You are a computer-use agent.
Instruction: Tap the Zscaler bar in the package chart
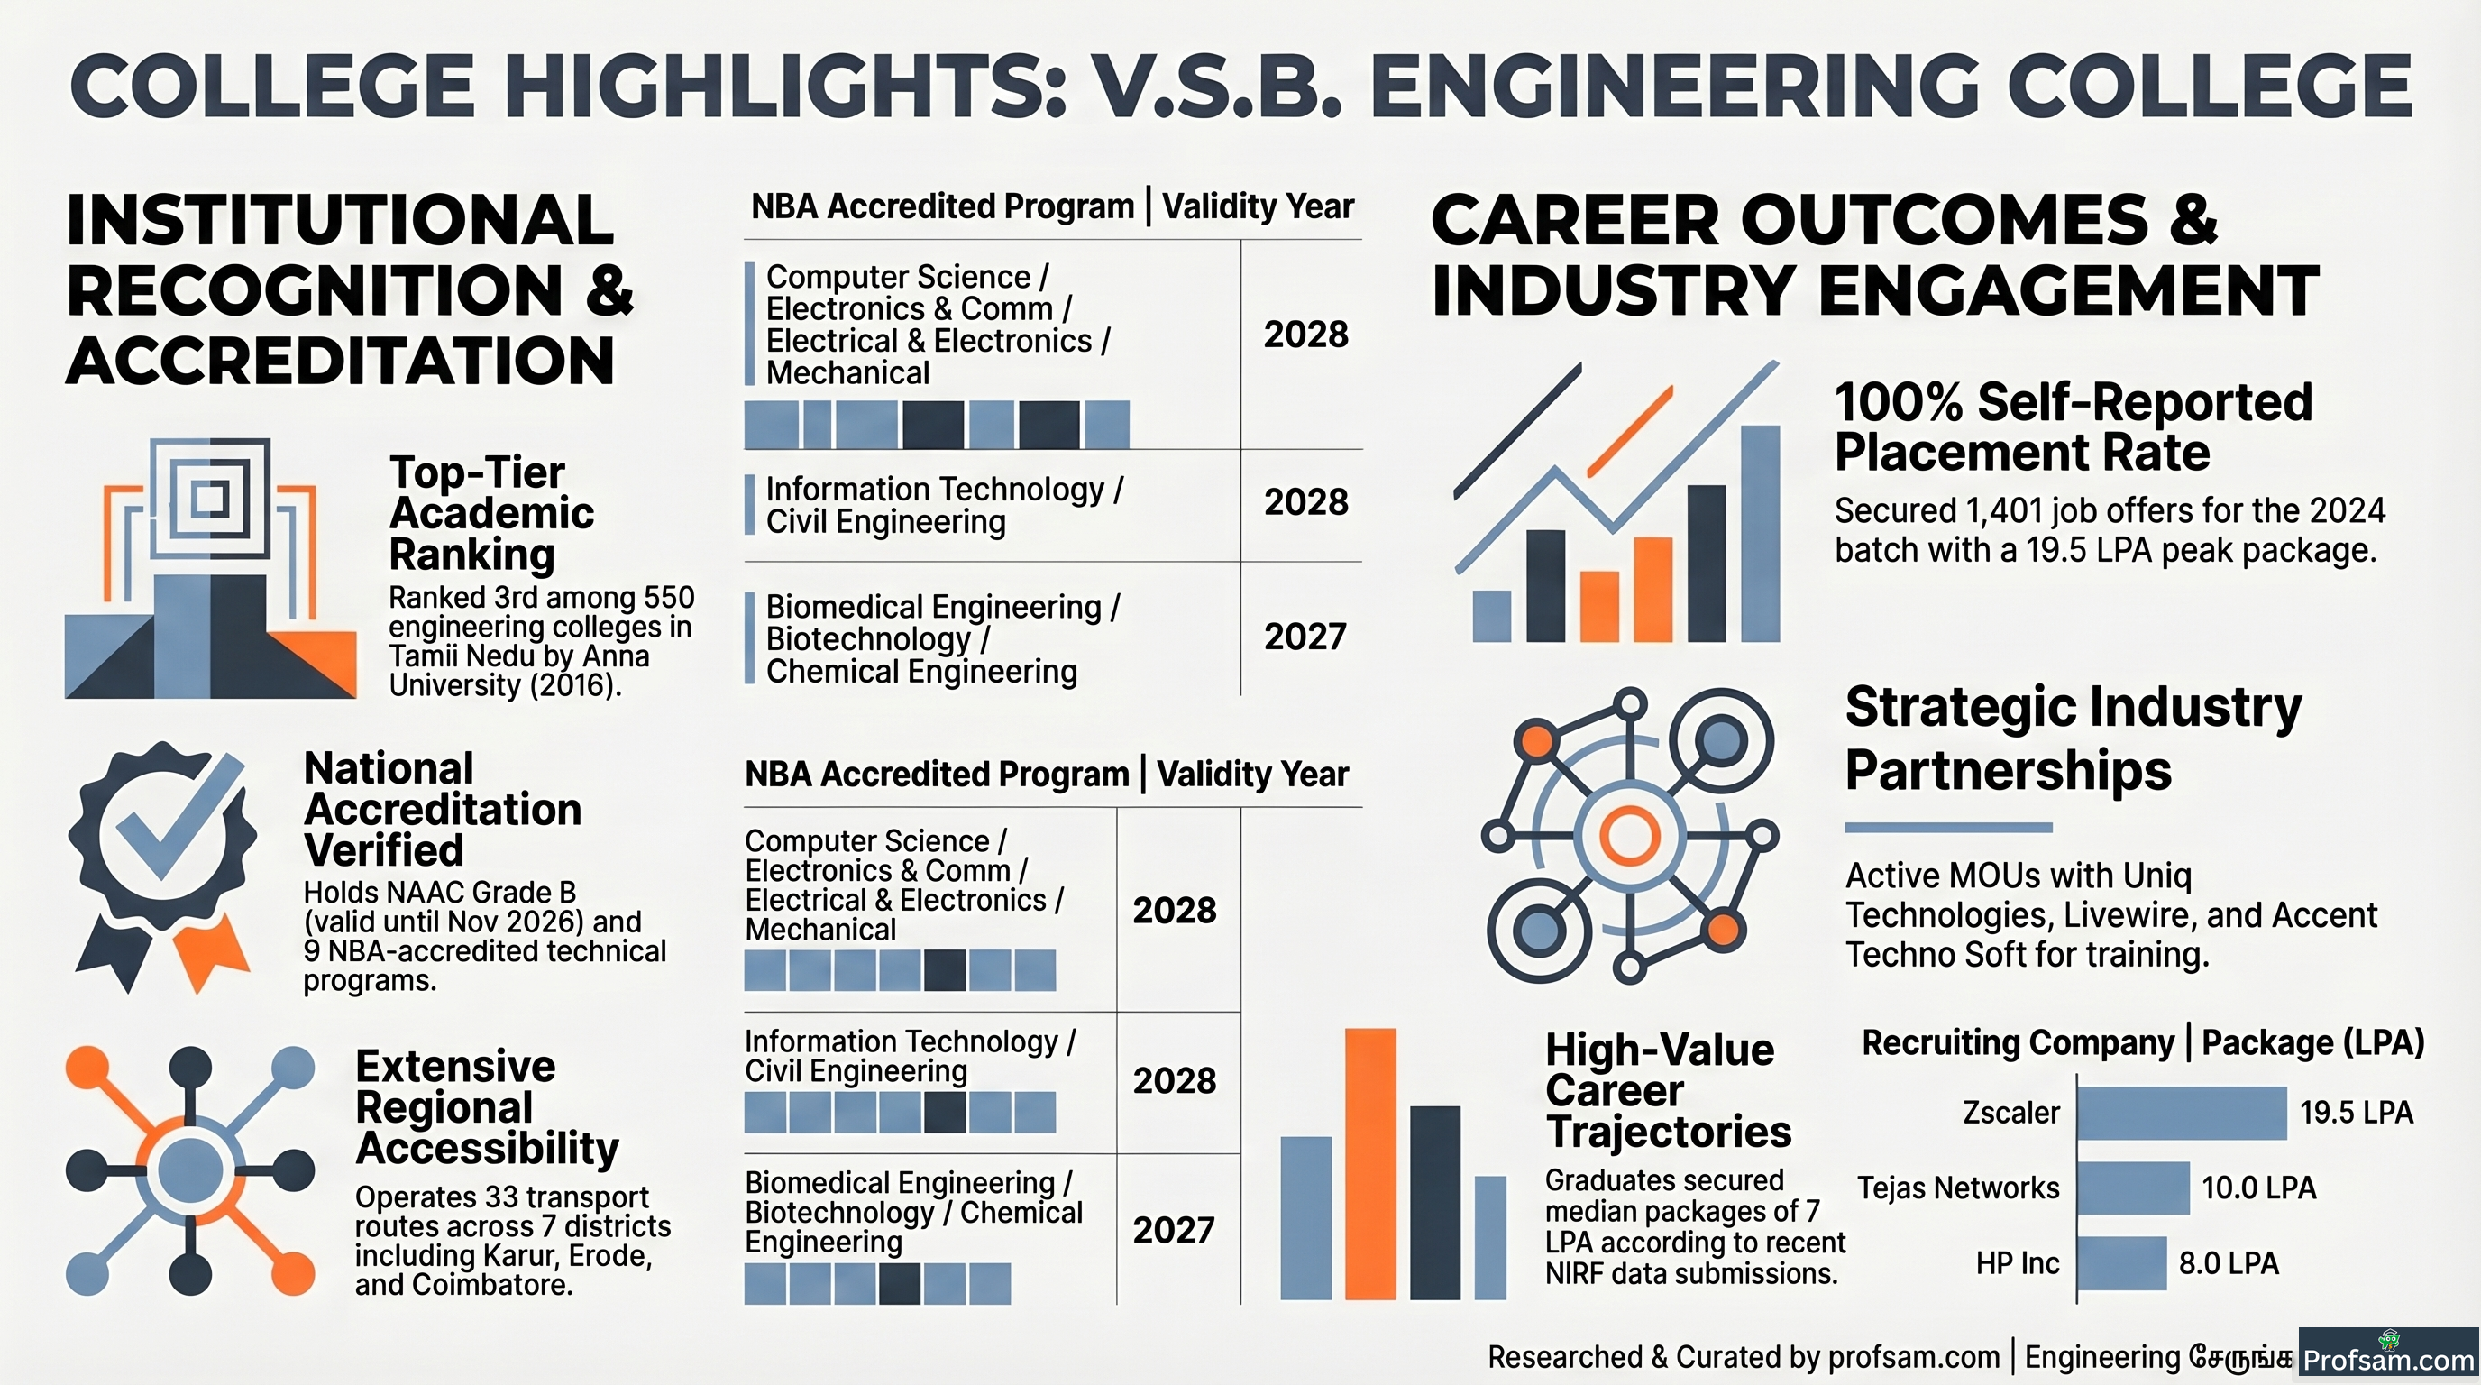(x=2182, y=1113)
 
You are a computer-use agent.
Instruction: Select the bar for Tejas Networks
(x=2133, y=1188)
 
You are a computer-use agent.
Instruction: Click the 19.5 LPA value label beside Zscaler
(x=2356, y=1113)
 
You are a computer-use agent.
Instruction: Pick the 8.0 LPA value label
(x=2229, y=1262)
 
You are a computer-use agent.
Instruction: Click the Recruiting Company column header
(x=2018, y=1042)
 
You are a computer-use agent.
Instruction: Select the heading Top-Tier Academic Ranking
(x=491, y=513)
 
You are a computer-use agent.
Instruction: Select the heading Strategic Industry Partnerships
(x=2073, y=738)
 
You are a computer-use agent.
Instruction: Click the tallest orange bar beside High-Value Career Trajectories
(x=1369, y=1163)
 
